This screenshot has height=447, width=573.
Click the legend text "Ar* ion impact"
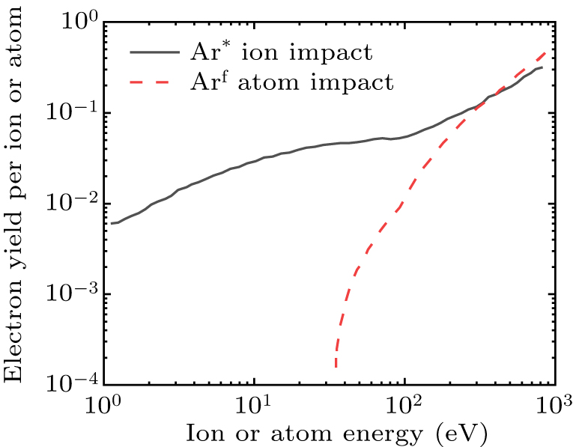pyautogui.click(x=293, y=54)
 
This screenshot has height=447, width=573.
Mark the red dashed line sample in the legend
pyautogui.click(x=154, y=81)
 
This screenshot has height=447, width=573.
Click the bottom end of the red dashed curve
pyautogui.click(x=336, y=367)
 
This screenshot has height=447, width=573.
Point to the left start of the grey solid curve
pyautogui.click(x=111, y=223)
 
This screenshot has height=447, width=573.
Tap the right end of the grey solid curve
pyautogui.click(x=542, y=67)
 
